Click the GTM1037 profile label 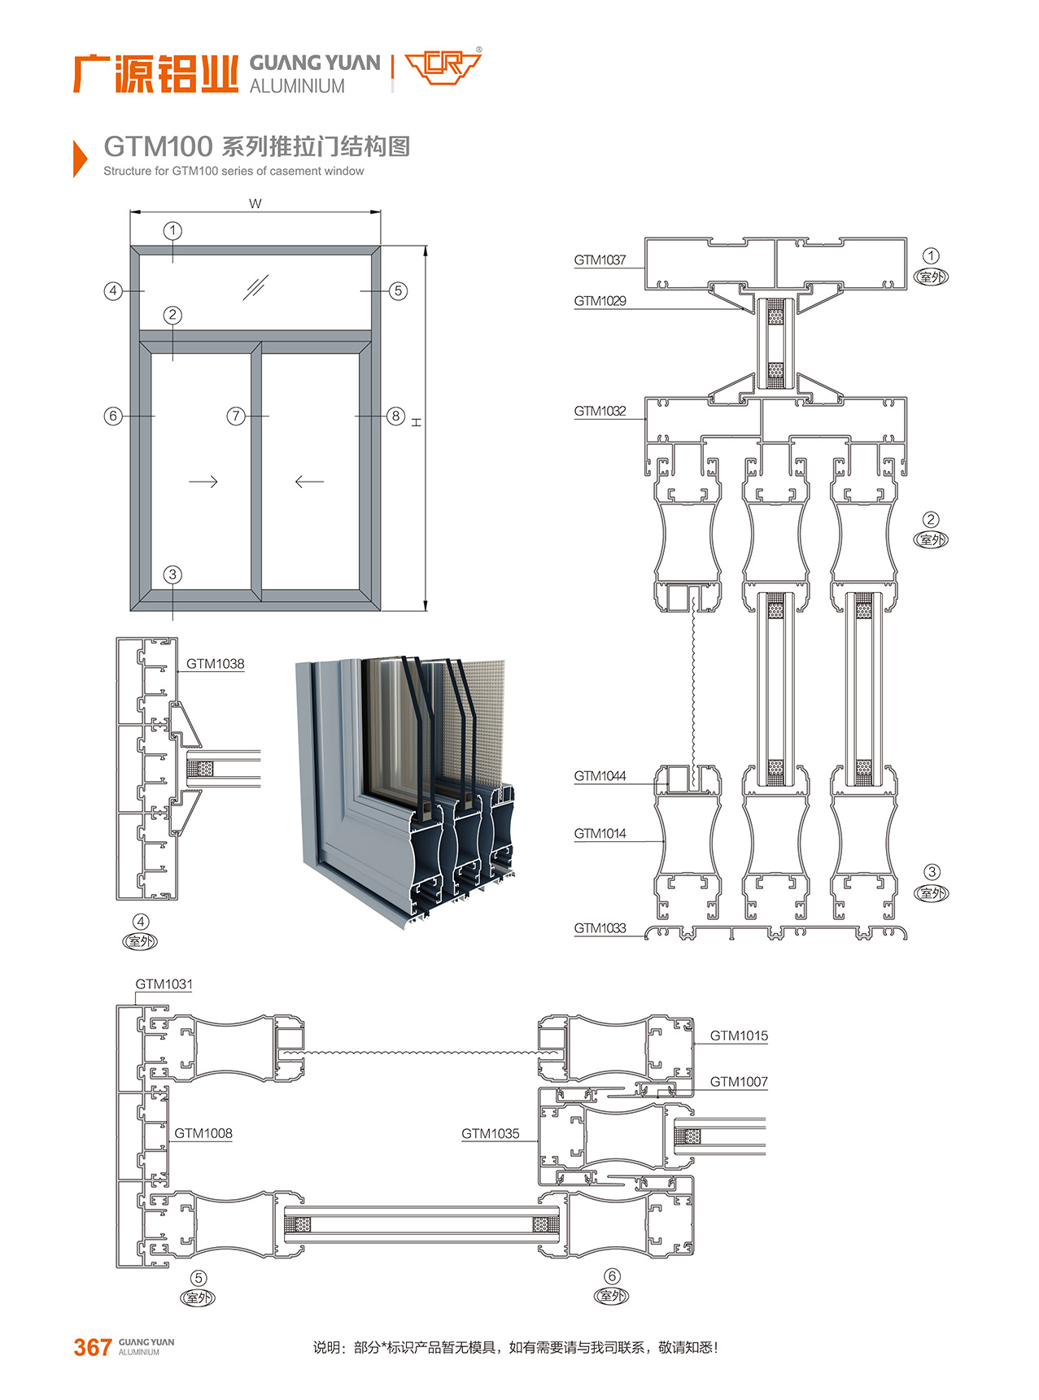pyautogui.click(x=600, y=260)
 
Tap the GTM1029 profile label pyautogui.click(x=600, y=301)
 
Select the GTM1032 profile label pyautogui.click(x=600, y=412)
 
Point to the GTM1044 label pyautogui.click(x=600, y=776)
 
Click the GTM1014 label pyautogui.click(x=600, y=834)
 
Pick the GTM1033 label pyautogui.click(x=600, y=928)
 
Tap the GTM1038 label pyautogui.click(x=215, y=664)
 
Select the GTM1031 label pyautogui.click(x=164, y=984)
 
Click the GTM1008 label pyautogui.click(x=203, y=1133)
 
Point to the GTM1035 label pyautogui.click(x=490, y=1133)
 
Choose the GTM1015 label pyautogui.click(x=738, y=1036)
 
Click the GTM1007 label pyautogui.click(x=738, y=1082)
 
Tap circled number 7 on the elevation pyautogui.click(x=236, y=417)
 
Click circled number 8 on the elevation pyautogui.click(x=395, y=417)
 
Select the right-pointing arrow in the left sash pyautogui.click(x=203, y=482)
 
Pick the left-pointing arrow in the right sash pyautogui.click(x=309, y=482)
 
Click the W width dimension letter pyautogui.click(x=255, y=203)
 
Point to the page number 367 pyautogui.click(x=92, y=1347)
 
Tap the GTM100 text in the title pyautogui.click(x=158, y=146)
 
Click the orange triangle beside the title pyautogui.click(x=79, y=158)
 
